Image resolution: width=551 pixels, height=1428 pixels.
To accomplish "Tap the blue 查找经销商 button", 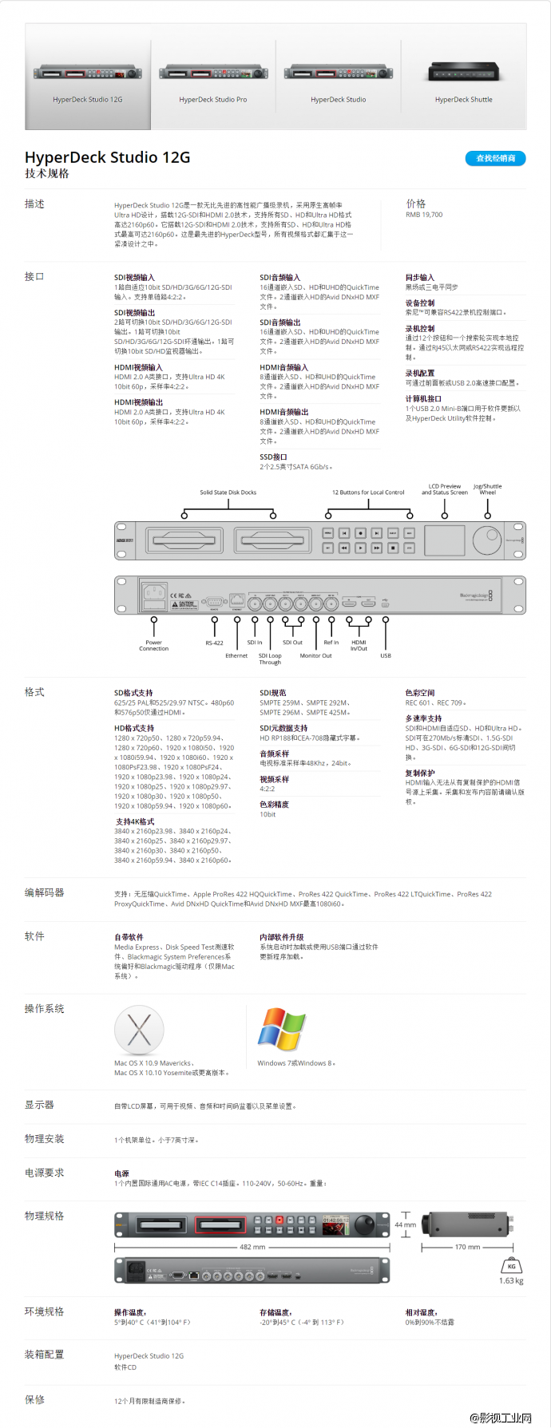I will click(495, 158).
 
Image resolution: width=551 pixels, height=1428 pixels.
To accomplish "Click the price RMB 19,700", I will click(424, 215).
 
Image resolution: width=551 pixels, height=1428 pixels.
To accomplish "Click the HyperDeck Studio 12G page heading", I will click(108, 157).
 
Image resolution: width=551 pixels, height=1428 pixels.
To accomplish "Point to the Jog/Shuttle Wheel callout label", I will click(488, 489).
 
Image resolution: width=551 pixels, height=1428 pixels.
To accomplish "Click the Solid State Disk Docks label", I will click(228, 492).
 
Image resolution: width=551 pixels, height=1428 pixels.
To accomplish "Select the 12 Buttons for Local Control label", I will click(368, 492).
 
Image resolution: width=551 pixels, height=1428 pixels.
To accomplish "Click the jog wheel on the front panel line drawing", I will click(486, 540).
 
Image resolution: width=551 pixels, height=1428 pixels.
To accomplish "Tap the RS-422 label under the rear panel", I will click(214, 643).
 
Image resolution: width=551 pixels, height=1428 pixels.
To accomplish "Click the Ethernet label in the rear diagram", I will click(236, 655).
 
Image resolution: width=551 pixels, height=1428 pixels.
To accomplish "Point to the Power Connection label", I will click(154, 645).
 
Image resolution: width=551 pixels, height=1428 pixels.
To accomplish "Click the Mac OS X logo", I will click(139, 1030).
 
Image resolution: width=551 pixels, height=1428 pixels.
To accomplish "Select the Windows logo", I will click(281, 1029).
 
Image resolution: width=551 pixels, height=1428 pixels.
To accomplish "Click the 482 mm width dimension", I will click(252, 1247).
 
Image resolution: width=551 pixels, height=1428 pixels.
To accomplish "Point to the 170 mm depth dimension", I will click(467, 1247).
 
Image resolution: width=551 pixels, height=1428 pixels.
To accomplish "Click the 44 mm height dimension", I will click(406, 1224).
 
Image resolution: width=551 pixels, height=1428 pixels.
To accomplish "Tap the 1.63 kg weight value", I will click(511, 1280).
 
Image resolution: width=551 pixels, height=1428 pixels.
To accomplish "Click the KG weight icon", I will click(511, 1265).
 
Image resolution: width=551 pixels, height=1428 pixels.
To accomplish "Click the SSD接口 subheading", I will click(273, 457).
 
